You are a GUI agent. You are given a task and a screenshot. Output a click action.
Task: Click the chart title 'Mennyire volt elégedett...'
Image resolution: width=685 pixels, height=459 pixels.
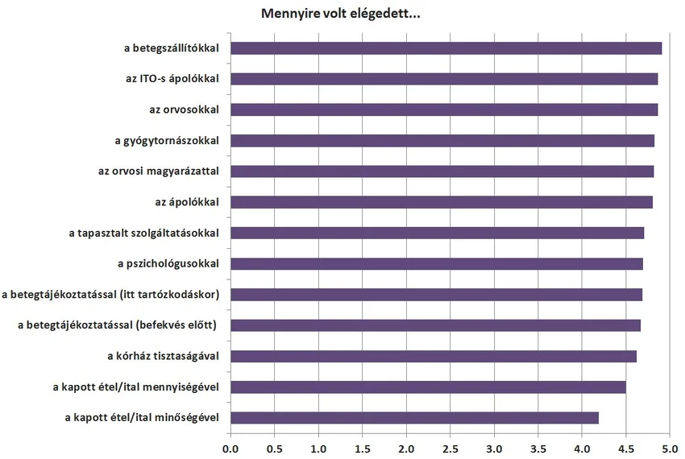pos(342,14)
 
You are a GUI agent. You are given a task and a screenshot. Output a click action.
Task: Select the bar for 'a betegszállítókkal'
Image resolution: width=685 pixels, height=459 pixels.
pos(446,48)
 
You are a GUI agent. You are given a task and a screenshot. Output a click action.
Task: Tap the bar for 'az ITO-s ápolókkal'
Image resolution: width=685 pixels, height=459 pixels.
pos(444,79)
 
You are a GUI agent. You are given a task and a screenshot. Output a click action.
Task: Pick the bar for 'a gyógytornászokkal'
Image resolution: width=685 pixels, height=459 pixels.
pos(442,141)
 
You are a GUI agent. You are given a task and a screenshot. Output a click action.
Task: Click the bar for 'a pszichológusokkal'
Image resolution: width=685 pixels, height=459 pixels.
pos(437,263)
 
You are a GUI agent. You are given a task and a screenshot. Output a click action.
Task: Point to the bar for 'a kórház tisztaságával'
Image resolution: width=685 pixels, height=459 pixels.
pos(434,356)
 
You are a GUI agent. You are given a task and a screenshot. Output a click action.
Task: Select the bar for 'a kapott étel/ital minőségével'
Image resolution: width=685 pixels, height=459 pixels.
pos(414,417)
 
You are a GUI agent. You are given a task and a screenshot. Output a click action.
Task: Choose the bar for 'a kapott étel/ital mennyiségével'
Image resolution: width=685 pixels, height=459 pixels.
pos(428,387)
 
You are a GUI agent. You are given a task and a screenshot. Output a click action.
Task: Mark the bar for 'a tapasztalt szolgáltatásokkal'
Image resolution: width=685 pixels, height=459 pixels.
pos(437,233)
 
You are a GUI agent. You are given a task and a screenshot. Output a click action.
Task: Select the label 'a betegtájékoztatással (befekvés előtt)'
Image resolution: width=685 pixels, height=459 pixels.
pos(122,325)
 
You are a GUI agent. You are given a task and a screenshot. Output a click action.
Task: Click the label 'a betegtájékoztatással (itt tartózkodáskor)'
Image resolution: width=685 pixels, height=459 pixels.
pos(114,294)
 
